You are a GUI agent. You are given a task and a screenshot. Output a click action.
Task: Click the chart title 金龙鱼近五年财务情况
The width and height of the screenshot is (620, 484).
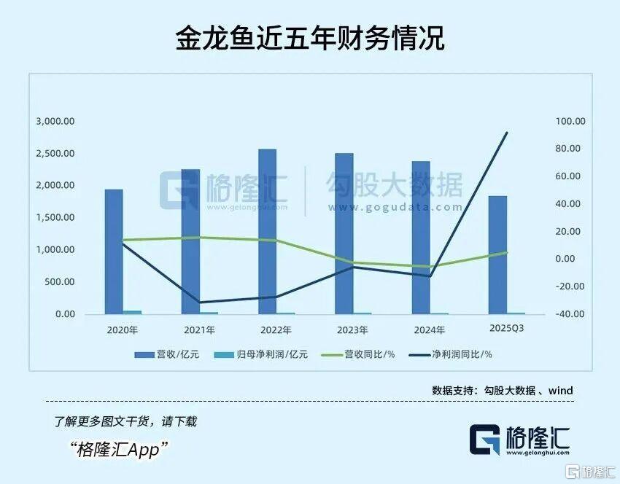point(310,38)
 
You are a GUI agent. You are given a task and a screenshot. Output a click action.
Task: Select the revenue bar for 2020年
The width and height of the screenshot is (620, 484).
point(114,251)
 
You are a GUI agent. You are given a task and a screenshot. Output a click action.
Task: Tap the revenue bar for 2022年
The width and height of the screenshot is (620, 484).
point(267,232)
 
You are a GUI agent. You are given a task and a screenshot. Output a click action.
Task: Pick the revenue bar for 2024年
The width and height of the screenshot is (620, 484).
point(421,238)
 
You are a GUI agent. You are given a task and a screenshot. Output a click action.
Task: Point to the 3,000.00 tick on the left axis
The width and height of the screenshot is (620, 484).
point(55,122)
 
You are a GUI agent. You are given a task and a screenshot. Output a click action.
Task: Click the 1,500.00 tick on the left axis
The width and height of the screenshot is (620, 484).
point(55,218)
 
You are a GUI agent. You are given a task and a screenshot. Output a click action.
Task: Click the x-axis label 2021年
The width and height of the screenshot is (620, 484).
point(198,330)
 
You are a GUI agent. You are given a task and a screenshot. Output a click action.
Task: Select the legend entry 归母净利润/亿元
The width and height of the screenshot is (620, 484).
point(263,354)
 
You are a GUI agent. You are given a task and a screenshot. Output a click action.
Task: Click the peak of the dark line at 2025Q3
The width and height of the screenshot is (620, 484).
point(507,133)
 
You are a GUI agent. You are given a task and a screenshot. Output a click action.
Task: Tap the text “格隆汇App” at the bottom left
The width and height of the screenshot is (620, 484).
point(120,449)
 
